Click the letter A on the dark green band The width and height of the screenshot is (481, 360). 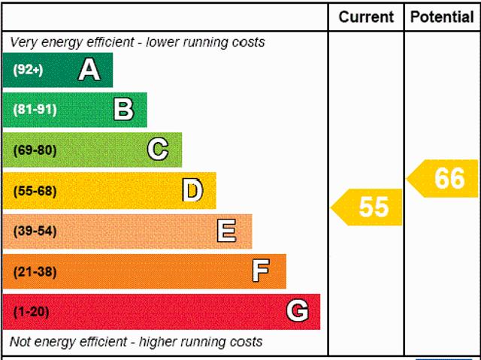click(89, 70)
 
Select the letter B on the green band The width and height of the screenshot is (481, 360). click(123, 110)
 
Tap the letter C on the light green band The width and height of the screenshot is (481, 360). click(158, 150)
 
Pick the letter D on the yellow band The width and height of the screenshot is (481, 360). click(192, 191)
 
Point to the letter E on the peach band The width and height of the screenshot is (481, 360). click(226, 231)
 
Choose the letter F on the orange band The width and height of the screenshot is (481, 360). click(261, 271)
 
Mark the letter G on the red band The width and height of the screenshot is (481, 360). click(298, 311)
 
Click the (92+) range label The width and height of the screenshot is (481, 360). click(29, 70)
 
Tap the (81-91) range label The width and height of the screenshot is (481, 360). click(35, 110)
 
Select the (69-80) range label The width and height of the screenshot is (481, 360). click(35, 150)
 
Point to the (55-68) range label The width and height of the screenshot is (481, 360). click(35, 191)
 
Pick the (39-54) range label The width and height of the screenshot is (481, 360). click(35, 231)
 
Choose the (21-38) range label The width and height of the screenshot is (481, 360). click(35, 271)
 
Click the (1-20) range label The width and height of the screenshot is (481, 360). click(32, 311)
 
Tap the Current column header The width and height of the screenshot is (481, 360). click(366, 17)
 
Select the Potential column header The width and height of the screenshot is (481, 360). click(443, 17)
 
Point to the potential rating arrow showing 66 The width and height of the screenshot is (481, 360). click(444, 179)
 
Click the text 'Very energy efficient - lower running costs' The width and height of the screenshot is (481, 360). click(138, 42)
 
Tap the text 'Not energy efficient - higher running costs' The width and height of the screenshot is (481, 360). click(136, 342)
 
